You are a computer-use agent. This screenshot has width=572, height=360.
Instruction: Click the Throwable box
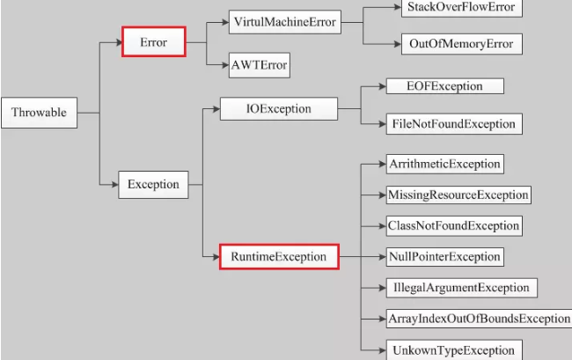point(40,113)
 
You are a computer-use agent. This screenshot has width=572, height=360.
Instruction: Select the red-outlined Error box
point(153,41)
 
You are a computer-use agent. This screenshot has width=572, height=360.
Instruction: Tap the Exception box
point(153,184)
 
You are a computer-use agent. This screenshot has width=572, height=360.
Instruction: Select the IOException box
point(278,109)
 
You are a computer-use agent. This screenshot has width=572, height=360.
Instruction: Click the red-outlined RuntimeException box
point(279,257)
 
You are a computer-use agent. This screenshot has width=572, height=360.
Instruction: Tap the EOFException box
point(444,86)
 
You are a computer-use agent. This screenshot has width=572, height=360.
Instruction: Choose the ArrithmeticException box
point(444,164)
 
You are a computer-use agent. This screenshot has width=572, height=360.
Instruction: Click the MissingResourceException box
point(458,195)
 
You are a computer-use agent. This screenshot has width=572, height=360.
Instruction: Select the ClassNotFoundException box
point(454,225)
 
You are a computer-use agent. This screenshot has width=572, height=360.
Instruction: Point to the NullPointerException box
point(444,257)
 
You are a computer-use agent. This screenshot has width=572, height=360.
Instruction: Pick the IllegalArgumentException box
point(461,288)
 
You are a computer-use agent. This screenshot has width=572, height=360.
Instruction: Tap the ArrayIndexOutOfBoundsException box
point(479,319)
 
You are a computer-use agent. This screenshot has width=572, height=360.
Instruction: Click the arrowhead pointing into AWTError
point(224,65)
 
